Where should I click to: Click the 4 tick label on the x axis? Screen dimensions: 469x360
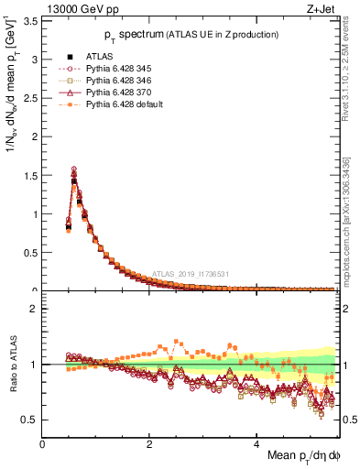point(257,442)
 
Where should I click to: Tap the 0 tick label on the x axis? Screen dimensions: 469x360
point(43,442)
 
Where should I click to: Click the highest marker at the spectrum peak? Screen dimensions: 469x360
point(73,169)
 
